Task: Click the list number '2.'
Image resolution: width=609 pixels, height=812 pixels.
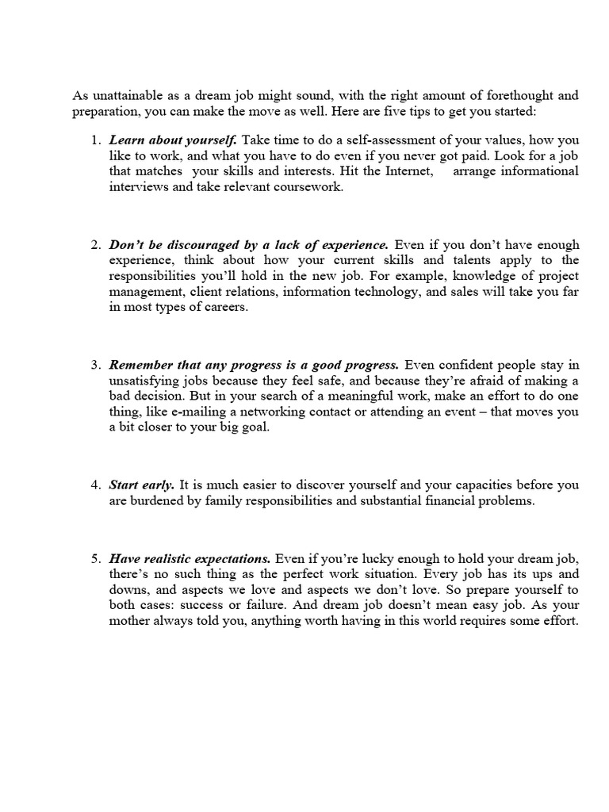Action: tap(95, 245)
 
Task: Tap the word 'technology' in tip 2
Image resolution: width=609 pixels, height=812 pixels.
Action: tap(417, 291)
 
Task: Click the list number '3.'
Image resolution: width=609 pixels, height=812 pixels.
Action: tap(95, 365)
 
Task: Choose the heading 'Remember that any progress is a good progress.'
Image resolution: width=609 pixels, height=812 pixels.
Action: tap(254, 365)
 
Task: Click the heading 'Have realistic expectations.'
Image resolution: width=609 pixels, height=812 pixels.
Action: tap(190, 558)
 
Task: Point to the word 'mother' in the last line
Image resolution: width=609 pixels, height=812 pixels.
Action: tap(129, 622)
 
